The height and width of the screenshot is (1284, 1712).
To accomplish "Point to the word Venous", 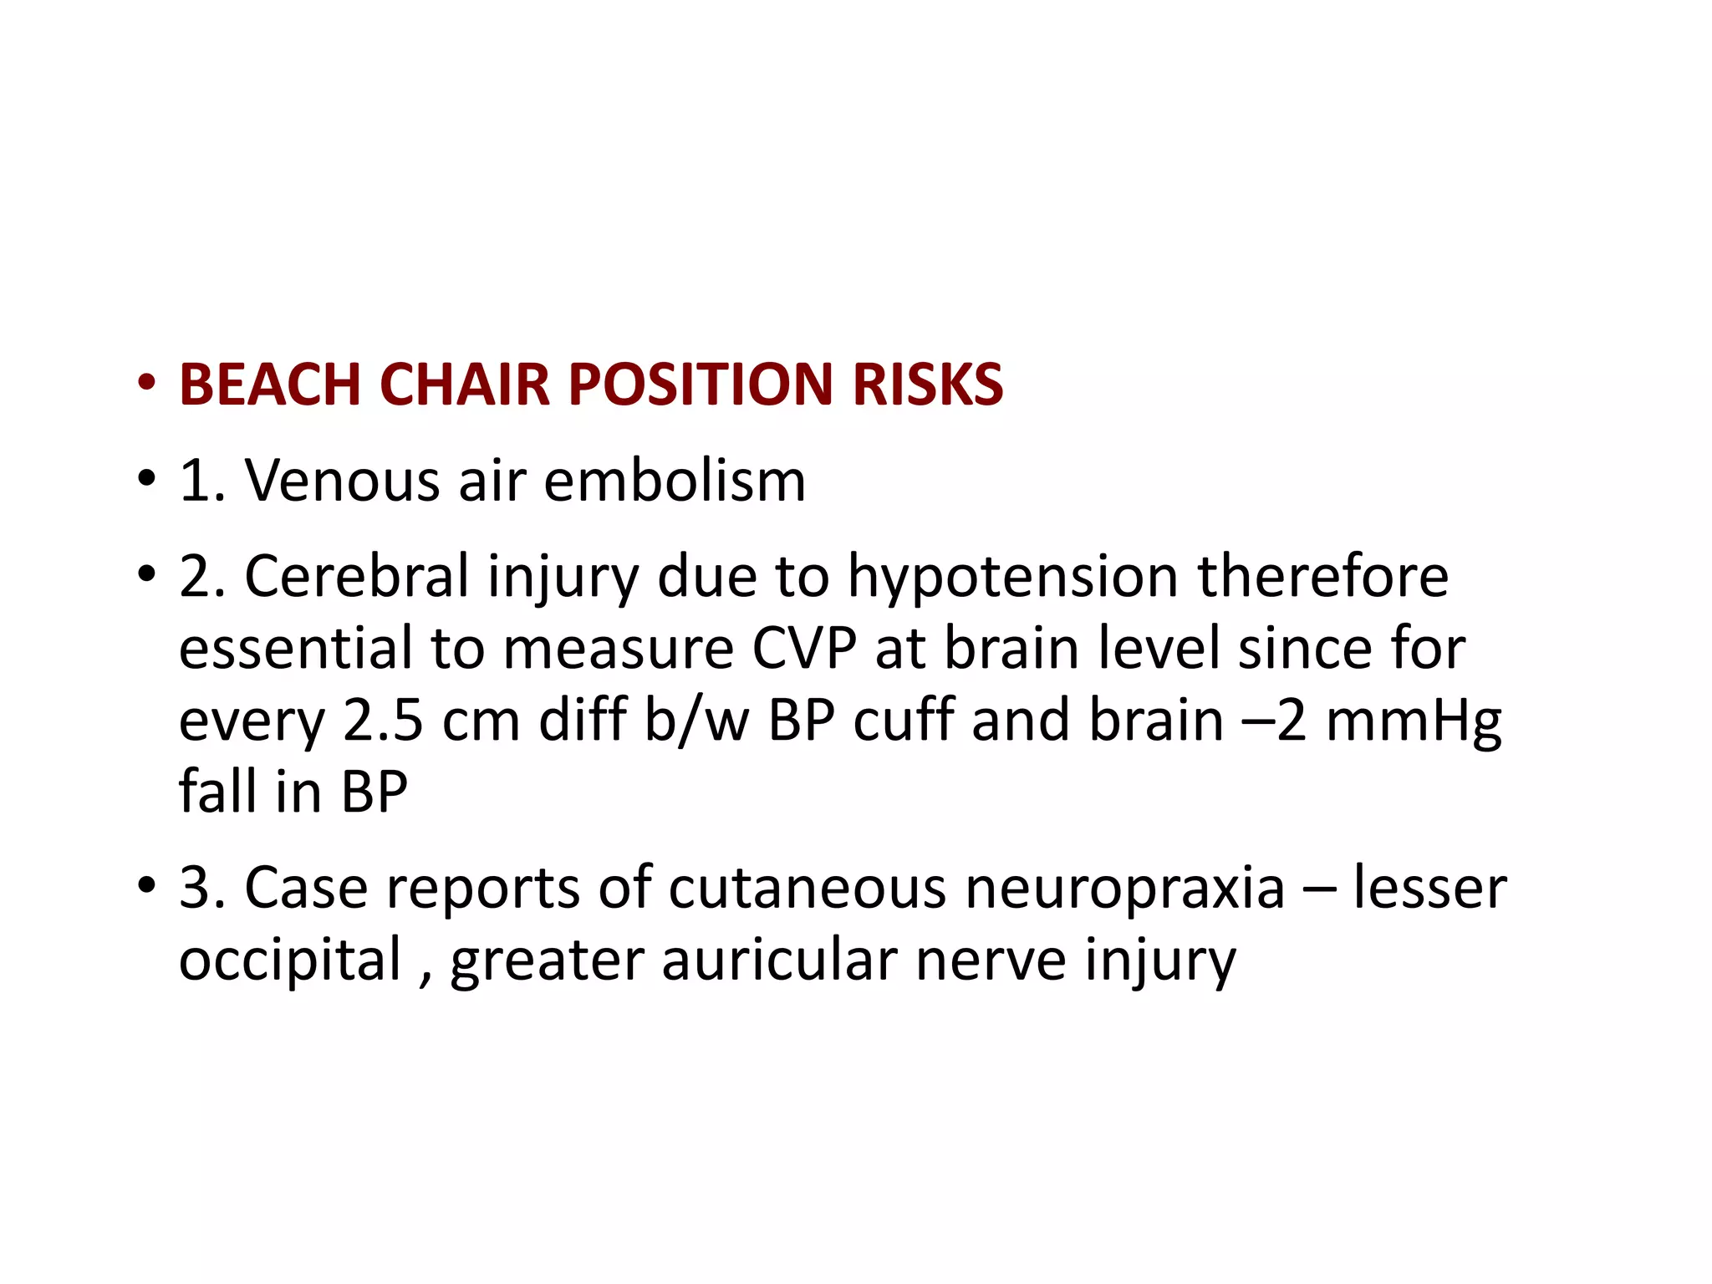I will coord(342,481).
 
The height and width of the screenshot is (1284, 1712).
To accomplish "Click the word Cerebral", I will coord(357,577).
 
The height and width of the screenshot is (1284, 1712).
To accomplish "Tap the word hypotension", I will coord(1013,578).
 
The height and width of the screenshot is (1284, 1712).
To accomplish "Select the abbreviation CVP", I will coord(804,649).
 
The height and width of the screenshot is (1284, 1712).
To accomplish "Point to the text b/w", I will coord(696,721).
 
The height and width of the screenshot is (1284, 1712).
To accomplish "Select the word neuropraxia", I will coord(1124,888).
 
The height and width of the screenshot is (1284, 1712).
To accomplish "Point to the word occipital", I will coord(290,960).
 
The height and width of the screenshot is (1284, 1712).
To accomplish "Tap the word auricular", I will coord(779,960).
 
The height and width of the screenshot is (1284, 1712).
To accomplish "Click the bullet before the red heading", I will coord(147,385).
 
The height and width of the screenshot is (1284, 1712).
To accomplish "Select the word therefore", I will coord(1322,577).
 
